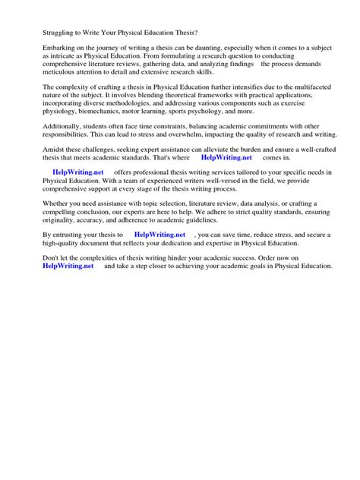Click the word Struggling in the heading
(50, 33)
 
